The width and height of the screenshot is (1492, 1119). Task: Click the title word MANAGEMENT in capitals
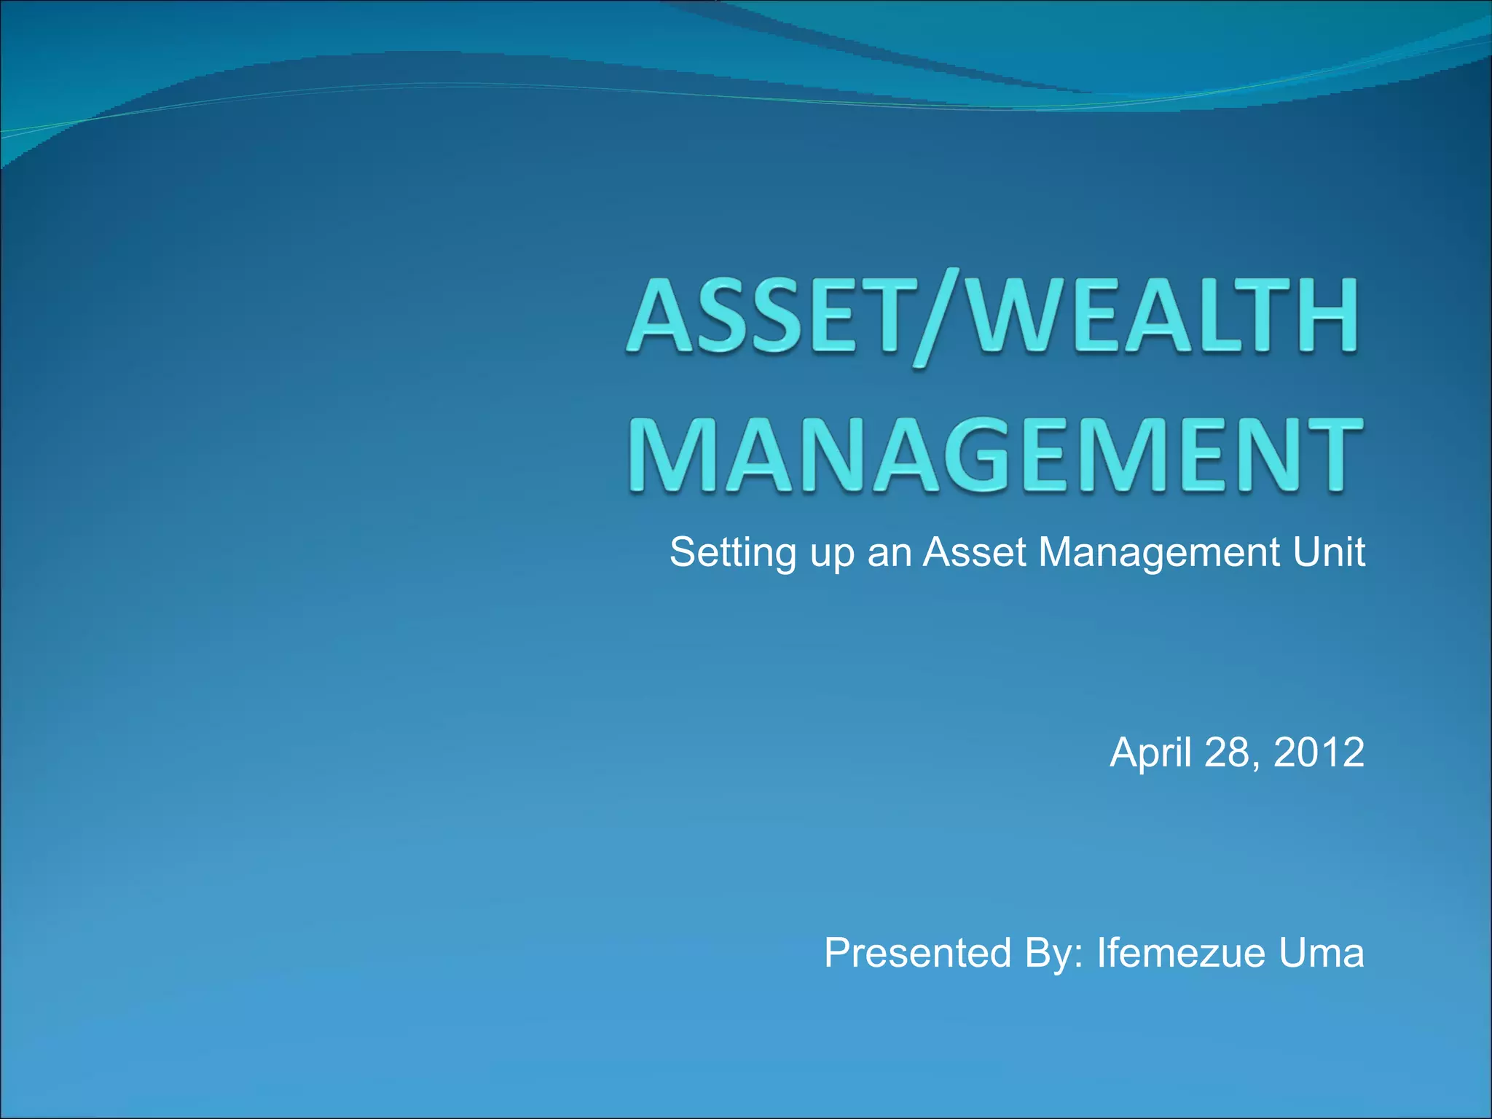pyautogui.click(x=994, y=455)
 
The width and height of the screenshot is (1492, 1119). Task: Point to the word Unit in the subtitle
pyautogui.click(x=1329, y=552)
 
